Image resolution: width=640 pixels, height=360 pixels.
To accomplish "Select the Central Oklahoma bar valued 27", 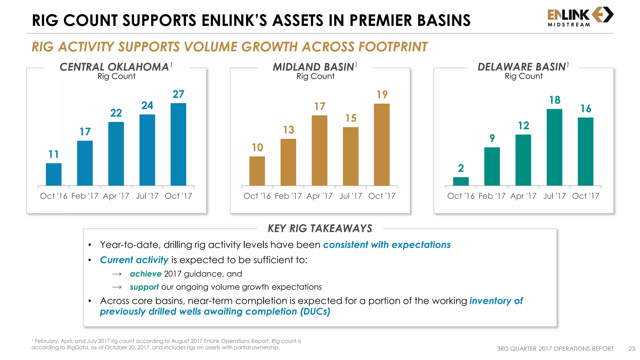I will coord(178,144).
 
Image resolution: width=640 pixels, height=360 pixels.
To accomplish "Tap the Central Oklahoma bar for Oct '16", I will coord(54,174).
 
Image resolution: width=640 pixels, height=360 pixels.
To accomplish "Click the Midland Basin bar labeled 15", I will coord(351,156).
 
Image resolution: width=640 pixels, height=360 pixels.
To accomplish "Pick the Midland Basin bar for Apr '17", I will coord(319,150).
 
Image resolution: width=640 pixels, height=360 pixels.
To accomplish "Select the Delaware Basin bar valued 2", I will coord(461,181).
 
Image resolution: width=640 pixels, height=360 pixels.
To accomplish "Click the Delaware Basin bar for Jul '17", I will coord(554,147).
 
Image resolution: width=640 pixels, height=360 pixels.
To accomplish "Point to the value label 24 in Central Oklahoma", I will coord(147,106).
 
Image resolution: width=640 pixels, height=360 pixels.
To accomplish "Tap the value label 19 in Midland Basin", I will coord(382,95).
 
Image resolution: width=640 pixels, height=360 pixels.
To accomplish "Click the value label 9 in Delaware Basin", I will coord(492,138).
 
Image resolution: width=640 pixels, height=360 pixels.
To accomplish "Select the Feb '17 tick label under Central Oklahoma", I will coord(85,196).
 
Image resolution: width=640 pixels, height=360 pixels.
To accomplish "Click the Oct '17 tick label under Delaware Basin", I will coord(586,196).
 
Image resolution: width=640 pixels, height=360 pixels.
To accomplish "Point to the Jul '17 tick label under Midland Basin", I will coord(351,196).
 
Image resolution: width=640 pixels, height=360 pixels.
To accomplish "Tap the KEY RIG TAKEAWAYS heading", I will coord(320,228).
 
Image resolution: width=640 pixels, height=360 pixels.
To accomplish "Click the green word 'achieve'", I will coord(146,274).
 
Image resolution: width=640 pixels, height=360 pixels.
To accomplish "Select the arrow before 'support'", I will coord(117,287).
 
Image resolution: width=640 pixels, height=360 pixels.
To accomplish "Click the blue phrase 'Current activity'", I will coord(134,260).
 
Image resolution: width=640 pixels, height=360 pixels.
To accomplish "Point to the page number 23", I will coord(632,349).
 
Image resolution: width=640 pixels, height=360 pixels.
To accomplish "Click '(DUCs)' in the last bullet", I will coord(315,312).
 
